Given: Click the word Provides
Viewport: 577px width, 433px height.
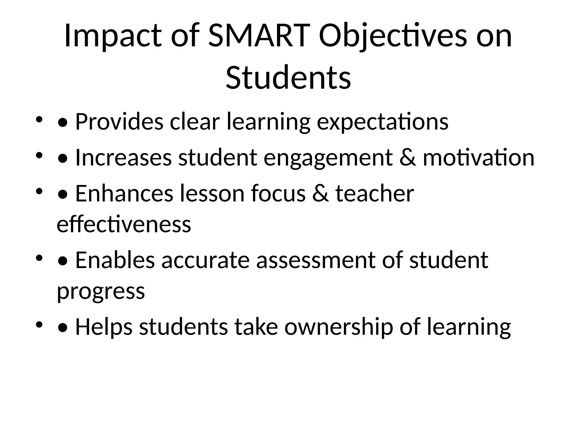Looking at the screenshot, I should [x=119, y=122].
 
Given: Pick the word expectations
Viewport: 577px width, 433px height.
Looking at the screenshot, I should [x=382, y=122].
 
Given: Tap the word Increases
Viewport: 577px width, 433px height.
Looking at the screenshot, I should [x=123, y=158].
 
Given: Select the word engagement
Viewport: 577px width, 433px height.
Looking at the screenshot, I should [x=328, y=158].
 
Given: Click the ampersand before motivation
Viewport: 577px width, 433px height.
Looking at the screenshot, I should [x=407, y=158].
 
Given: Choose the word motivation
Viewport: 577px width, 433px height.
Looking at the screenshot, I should [x=478, y=158].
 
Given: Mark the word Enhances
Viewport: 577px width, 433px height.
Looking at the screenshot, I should [x=124, y=194].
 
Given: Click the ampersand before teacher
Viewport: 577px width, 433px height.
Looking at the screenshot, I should [x=320, y=194].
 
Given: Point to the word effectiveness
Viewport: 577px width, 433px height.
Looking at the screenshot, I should [x=124, y=224].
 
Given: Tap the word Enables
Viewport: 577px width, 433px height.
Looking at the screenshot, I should [x=115, y=260].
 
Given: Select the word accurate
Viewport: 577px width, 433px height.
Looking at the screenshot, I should [x=205, y=260].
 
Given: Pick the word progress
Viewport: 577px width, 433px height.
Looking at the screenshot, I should [x=101, y=291].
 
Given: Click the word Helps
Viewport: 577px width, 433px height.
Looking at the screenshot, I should [x=104, y=327].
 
